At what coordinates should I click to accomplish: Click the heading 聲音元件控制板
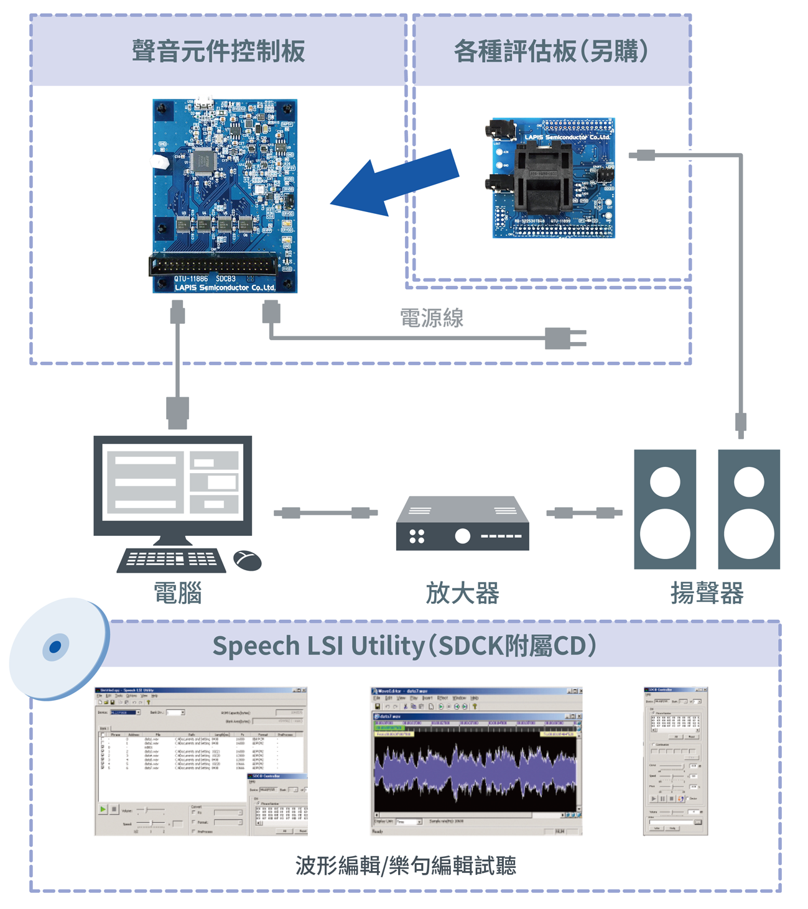point(218,51)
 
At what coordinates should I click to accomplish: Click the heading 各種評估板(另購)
point(551,51)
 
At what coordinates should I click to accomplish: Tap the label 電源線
point(432,318)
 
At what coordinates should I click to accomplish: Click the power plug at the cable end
point(564,338)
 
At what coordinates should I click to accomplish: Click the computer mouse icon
point(248,560)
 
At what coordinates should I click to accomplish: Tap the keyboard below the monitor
point(172,560)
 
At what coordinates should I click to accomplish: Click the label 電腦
point(178,593)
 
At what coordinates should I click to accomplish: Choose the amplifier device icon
point(463,524)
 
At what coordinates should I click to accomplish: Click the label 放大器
point(463,593)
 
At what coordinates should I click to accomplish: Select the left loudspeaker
point(665,509)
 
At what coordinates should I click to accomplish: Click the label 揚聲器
point(707,593)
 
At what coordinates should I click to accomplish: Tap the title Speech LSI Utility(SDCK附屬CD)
point(405,645)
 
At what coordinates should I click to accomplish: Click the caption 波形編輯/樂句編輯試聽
point(406,865)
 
